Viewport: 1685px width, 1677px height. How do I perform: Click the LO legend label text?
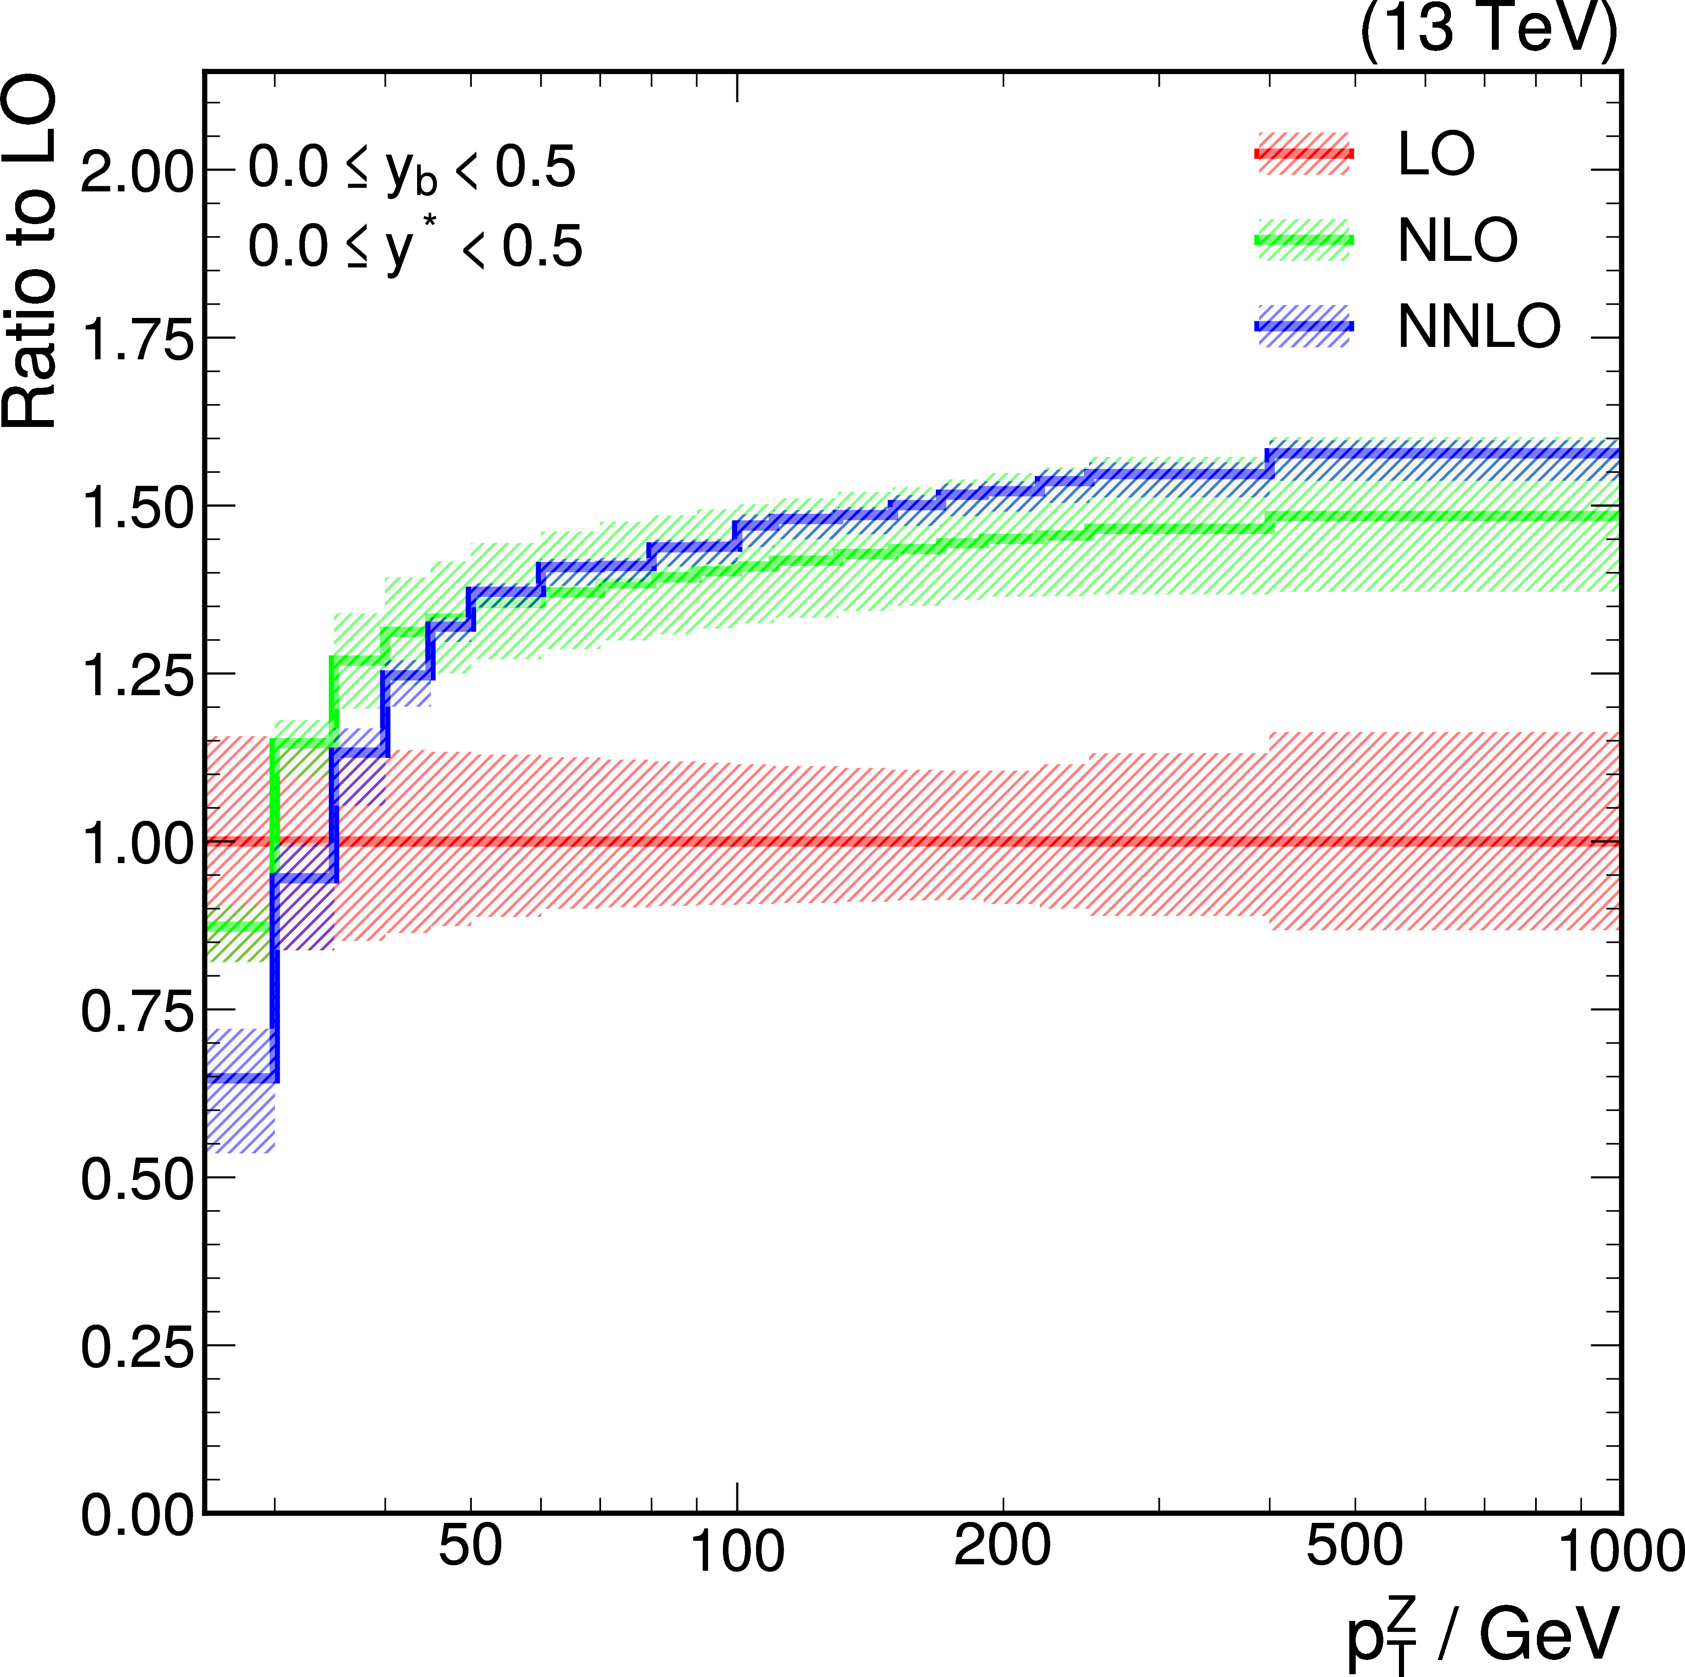(x=1436, y=155)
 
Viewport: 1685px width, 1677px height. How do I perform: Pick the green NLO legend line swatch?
(x=1303, y=240)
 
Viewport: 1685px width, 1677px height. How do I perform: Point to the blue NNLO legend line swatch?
(x=1303, y=326)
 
